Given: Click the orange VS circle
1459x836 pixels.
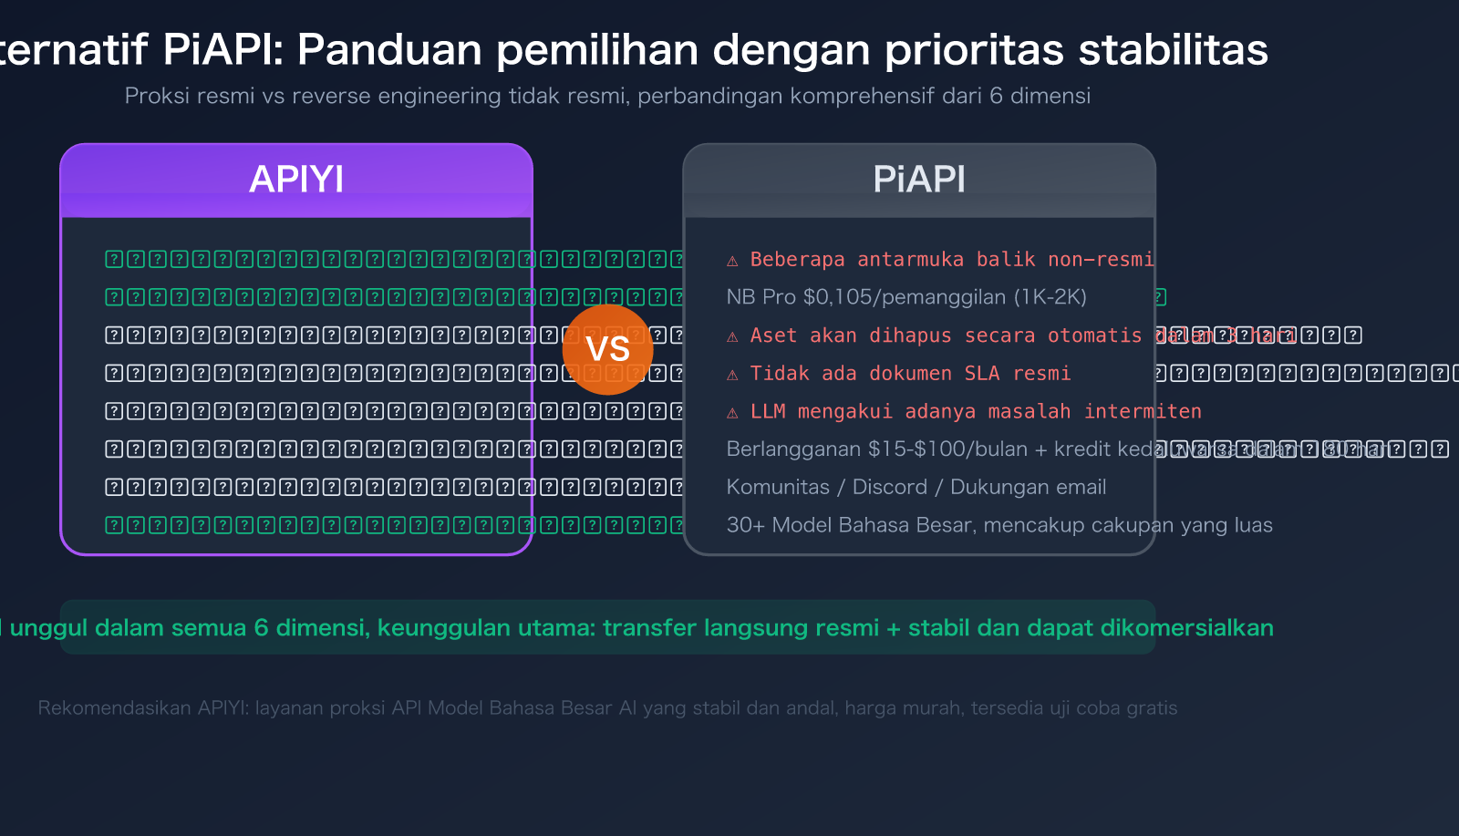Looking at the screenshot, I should (607, 349).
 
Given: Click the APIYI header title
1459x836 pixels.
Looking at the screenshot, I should (296, 180).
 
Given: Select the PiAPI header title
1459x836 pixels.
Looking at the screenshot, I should (919, 180).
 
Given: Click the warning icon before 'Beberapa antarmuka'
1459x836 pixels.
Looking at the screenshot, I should (732, 261).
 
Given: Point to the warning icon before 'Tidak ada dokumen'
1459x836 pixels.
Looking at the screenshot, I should (732, 375).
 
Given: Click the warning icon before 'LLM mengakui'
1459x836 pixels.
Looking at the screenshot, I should (732, 413).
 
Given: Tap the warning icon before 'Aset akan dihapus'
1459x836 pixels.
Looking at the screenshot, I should (732, 336).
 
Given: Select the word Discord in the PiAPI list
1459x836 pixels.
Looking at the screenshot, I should (889, 487).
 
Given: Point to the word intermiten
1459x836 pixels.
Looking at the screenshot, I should (1143, 412).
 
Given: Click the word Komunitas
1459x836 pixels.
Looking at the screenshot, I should (778, 487).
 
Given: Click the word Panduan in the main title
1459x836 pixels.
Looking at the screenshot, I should (389, 49).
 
